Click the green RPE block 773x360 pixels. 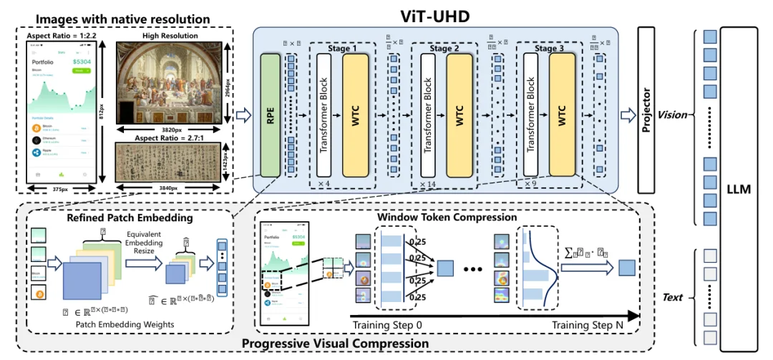coord(270,117)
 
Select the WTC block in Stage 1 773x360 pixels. coord(355,117)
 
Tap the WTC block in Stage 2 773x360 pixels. coord(459,117)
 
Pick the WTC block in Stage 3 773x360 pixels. coord(562,117)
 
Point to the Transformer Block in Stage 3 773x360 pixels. coord(530,117)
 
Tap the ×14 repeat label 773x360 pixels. coord(428,184)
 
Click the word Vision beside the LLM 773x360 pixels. coord(673,115)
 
